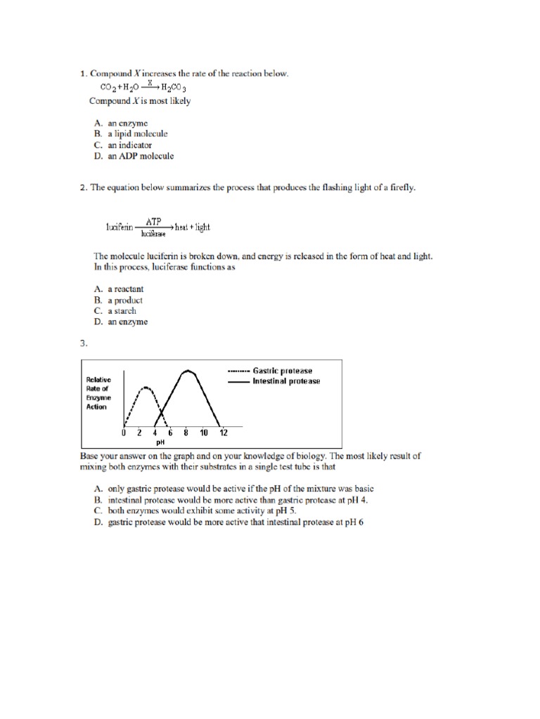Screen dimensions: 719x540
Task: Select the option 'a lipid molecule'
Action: click(137, 134)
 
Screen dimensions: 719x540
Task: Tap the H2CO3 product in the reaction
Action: click(173, 88)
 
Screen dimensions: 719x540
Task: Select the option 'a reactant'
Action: click(126, 289)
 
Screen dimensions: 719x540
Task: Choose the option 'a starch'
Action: click(122, 311)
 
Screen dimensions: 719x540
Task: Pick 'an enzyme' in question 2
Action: click(127, 322)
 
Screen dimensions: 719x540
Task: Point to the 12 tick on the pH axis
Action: click(224, 433)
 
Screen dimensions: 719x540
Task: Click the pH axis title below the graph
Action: click(160, 443)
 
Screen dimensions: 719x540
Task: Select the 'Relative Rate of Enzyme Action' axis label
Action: click(97, 393)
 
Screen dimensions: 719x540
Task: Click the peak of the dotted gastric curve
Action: click(146, 387)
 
